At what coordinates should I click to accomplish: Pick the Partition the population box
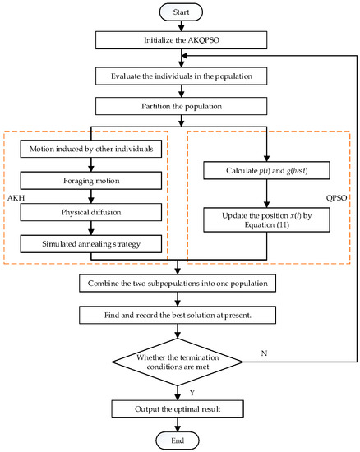[x=178, y=107]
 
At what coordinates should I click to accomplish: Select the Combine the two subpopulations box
[x=178, y=284]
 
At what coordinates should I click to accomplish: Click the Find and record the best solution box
[x=178, y=315]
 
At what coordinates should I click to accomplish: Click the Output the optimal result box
[x=178, y=408]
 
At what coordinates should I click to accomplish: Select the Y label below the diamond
[x=192, y=391]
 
